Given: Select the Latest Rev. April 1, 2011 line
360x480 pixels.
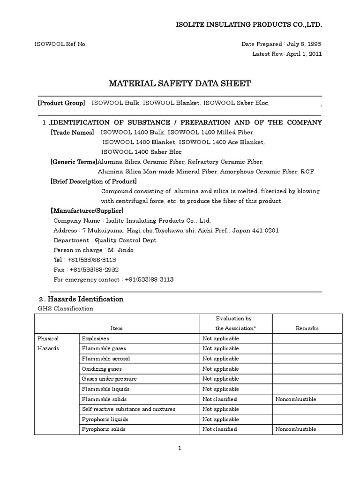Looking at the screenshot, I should pyautogui.click(x=287, y=53).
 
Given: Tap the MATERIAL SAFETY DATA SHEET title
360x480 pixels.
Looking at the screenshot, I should pyautogui.click(x=180, y=84).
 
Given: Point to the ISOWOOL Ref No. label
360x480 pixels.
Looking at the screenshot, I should pyautogui.click(x=60, y=44).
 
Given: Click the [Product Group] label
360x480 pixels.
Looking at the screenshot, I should pyautogui.click(x=61, y=103).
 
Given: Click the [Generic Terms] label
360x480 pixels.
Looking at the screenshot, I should pyautogui.click(x=74, y=162).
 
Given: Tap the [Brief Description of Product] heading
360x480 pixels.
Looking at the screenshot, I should pyautogui.click(x=94, y=181).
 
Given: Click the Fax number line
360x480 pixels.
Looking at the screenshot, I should pyautogui.click(x=85, y=270).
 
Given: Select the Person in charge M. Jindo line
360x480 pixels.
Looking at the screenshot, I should pyautogui.click(x=94, y=250).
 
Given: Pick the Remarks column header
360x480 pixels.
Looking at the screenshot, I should pyautogui.click(x=307, y=329).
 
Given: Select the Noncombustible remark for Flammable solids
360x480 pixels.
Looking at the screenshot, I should pyautogui.click(x=296, y=399).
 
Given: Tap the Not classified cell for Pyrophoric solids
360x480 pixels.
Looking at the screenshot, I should pyautogui.click(x=219, y=429).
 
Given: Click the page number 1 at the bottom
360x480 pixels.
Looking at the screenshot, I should pyautogui.click(x=180, y=448).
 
